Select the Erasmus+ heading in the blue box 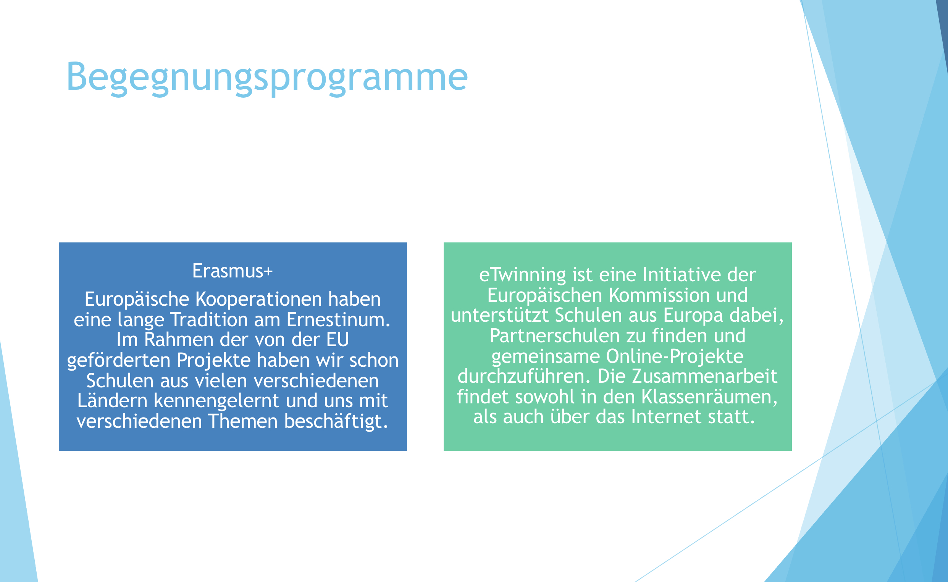[233, 271]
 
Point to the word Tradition [225, 320]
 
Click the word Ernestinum [338, 320]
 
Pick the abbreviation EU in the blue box [338, 340]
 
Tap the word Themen [243, 421]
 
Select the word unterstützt [500, 316]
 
